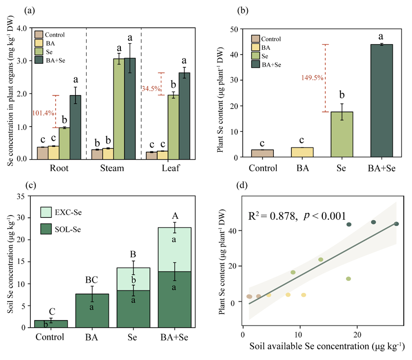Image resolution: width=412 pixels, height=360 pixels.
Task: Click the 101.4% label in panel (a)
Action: [x=41, y=113]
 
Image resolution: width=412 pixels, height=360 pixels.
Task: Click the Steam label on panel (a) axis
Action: [x=113, y=168]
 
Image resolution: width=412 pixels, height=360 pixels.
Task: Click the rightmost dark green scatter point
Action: [x=397, y=224]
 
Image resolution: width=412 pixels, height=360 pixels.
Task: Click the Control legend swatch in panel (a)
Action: [x=39, y=35]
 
